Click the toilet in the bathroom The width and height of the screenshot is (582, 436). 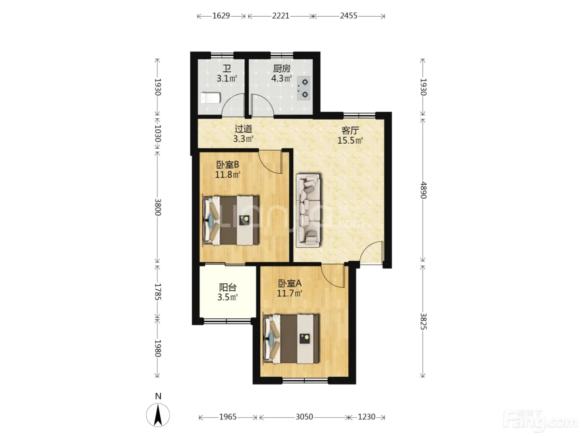(210, 98)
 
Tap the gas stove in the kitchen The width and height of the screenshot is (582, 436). (303, 88)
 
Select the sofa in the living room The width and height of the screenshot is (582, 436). (308, 211)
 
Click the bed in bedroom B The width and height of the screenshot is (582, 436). (231, 220)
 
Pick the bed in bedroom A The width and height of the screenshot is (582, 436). (291, 339)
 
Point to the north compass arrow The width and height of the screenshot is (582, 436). (158, 415)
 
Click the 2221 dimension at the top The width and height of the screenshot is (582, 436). (281, 16)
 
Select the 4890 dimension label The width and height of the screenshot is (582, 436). (423, 190)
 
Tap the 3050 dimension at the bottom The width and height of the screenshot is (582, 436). (304, 416)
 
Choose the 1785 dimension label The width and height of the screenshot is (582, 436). (158, 292)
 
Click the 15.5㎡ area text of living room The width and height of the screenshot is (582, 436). (350, 140)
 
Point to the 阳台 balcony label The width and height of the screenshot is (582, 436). (227, 287)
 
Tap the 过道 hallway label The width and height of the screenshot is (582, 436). (243, 129)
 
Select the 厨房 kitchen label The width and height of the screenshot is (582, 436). (281, 69)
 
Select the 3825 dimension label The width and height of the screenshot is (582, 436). (423, 321)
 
